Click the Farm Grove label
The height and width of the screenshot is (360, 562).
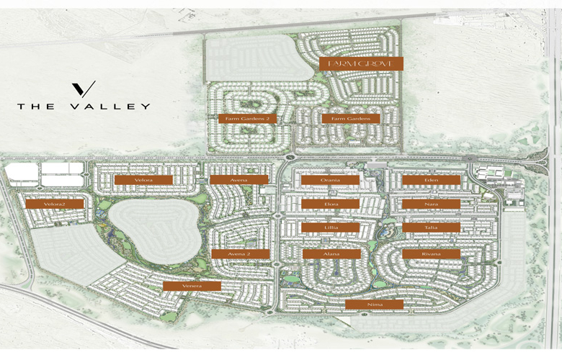coord(361,63)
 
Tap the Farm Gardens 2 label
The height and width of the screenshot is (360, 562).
coord(247,118)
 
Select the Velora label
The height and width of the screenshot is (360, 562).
coord(143,179)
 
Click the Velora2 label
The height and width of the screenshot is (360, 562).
coord(54,204)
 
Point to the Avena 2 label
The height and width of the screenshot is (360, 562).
coord(241,253)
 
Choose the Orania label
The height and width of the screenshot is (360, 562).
coord(330,179)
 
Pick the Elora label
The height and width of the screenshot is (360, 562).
coord(330,204)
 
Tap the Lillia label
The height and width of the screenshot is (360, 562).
coord(330,228)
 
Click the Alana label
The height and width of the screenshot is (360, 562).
coord(331,253)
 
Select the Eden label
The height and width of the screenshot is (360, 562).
coord(431,179)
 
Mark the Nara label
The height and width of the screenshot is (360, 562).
coord(431,204)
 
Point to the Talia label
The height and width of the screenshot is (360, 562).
coord(431,228)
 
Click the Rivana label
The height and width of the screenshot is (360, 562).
coord(431,253)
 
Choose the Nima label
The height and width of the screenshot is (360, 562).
coord(374,305)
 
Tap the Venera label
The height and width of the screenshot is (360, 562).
coord(192,286)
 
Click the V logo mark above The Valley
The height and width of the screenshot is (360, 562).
coord(84,89)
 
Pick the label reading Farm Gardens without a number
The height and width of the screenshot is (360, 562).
coord(351,118)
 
